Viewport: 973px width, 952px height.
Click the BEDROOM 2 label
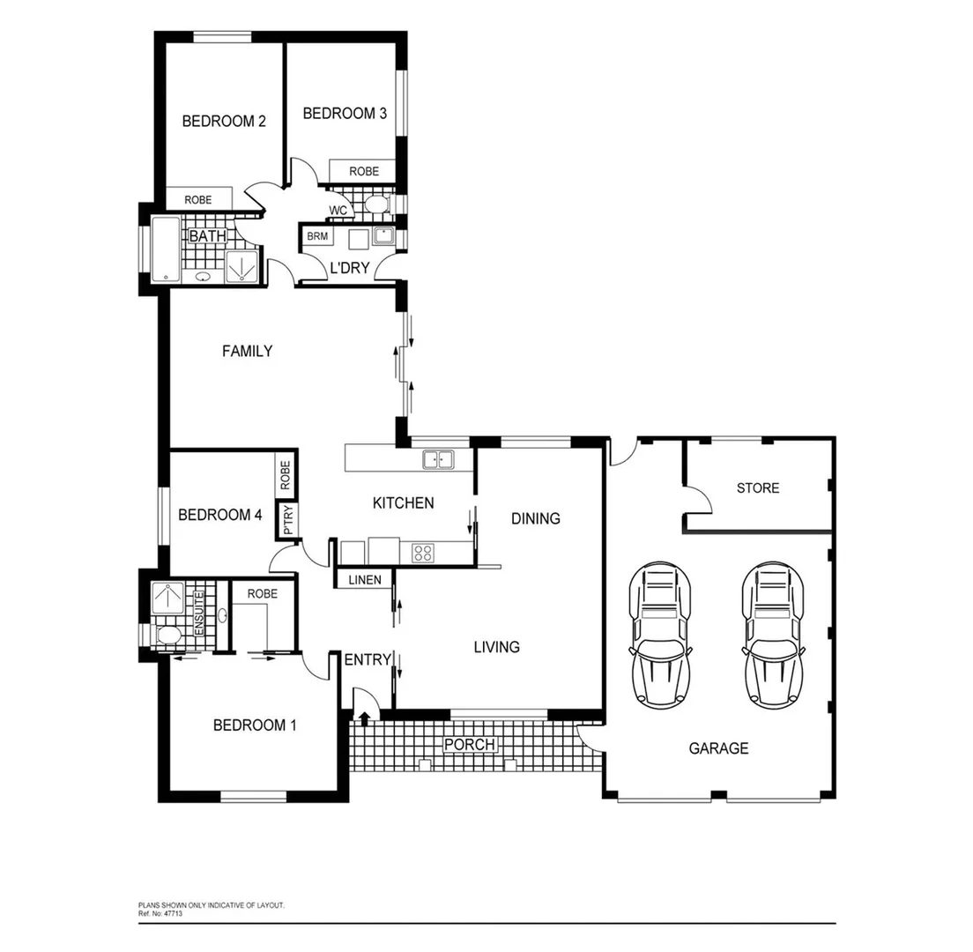(224, 122)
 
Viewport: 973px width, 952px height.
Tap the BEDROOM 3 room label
(344, 113)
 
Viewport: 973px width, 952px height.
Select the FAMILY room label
(247, 351)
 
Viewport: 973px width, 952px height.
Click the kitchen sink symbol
(438, 459)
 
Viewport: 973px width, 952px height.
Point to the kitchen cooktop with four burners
(423, 553)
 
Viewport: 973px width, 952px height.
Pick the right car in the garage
(773, 636)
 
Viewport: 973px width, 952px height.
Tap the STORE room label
(758, 487)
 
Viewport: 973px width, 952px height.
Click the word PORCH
(470, 745)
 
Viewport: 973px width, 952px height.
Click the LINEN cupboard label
(364, 579)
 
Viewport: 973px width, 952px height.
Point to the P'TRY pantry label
(287, 520)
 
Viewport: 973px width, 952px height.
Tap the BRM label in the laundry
(317, 236)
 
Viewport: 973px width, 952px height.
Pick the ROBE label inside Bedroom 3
(364, 171)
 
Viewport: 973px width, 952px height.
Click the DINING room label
(535, 518)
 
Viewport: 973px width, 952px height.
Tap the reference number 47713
(172, 914)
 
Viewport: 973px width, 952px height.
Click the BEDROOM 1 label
(255, 725)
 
